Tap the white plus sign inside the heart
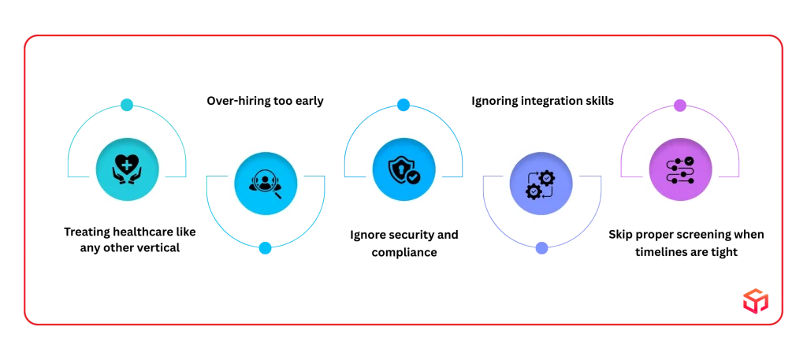(126, 165)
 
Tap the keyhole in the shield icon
(400, 167)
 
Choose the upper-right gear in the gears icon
(546, 178)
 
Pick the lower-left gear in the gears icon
(534, 191)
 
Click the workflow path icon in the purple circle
(680, 170)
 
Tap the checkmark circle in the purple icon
(689, 161)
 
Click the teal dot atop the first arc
(126, 104)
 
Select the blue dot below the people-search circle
(265, 248)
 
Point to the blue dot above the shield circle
(403, 104)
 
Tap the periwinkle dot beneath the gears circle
(541, 249)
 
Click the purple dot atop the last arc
(680, 104)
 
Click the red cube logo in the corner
(754, 300)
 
